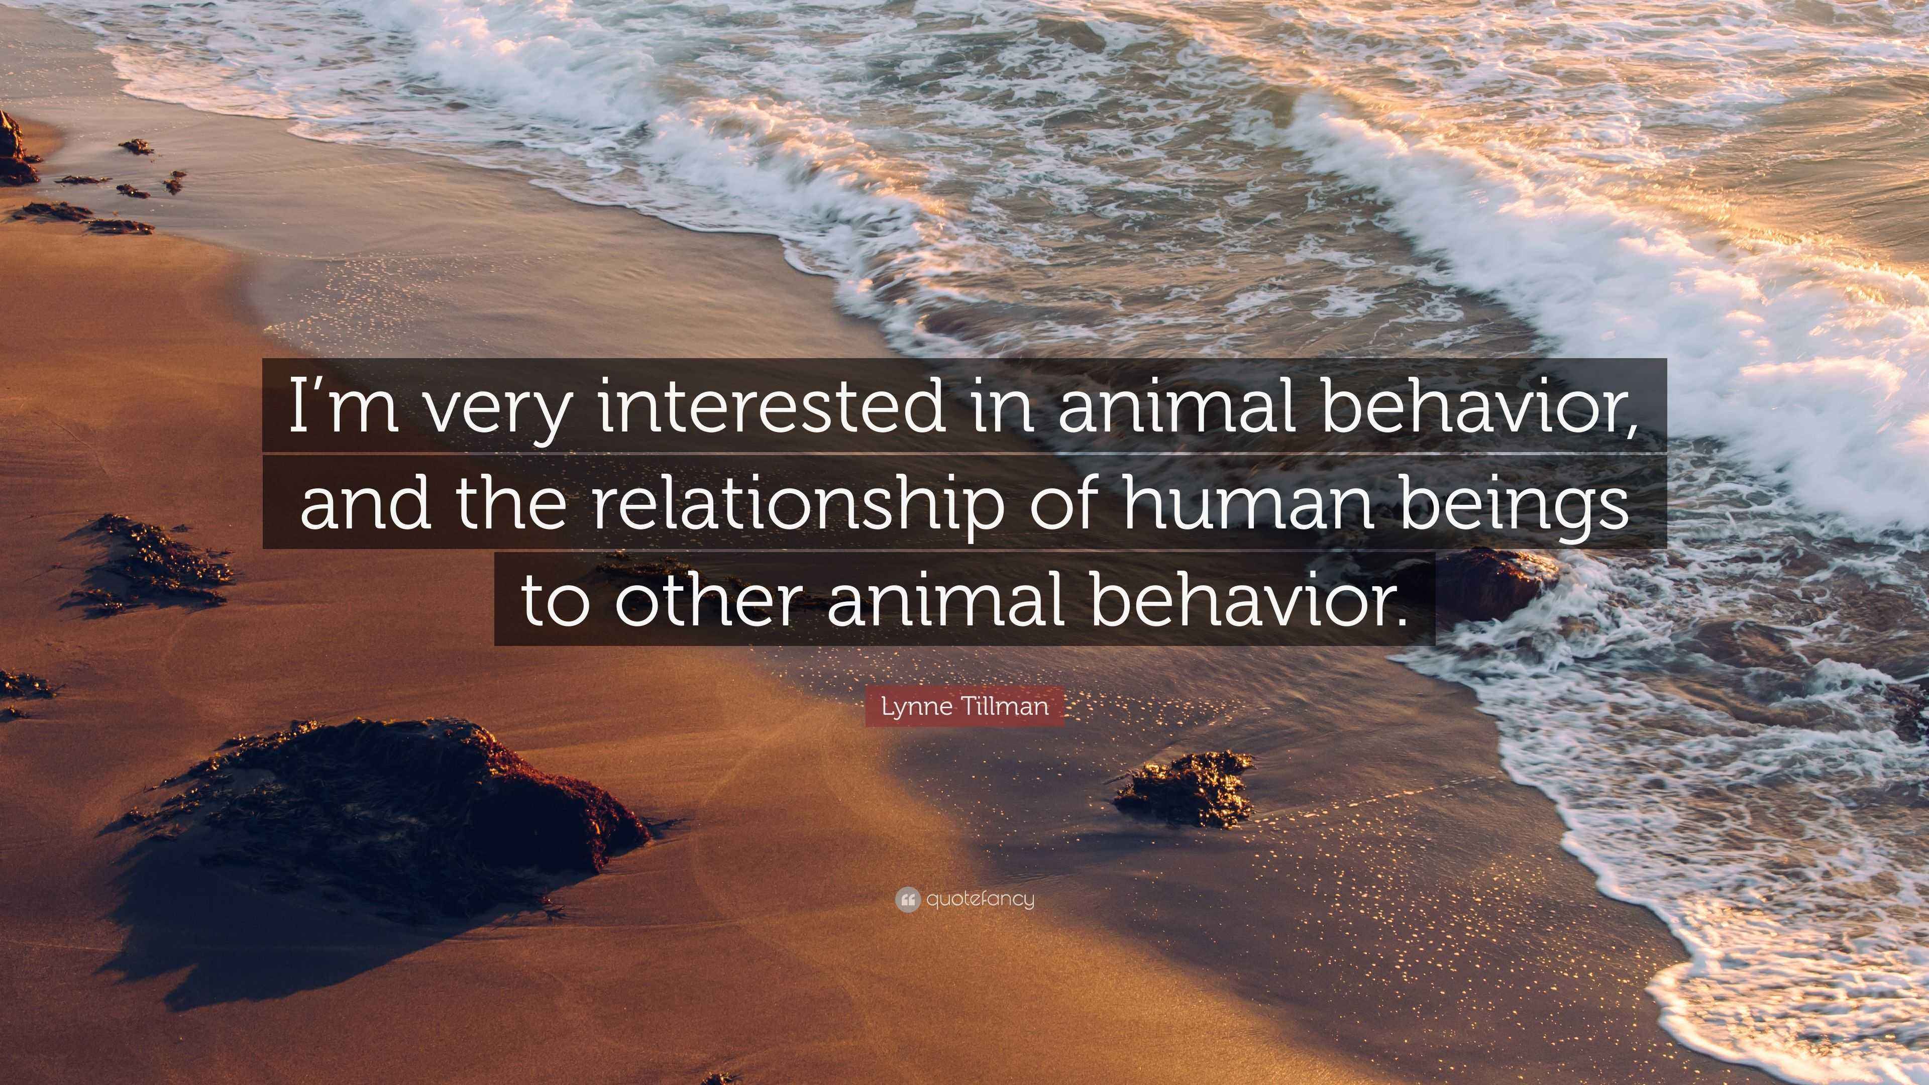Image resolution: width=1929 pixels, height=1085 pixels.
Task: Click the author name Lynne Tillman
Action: pos(964,707)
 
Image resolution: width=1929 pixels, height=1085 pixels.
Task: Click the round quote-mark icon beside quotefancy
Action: pos(908,899)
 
